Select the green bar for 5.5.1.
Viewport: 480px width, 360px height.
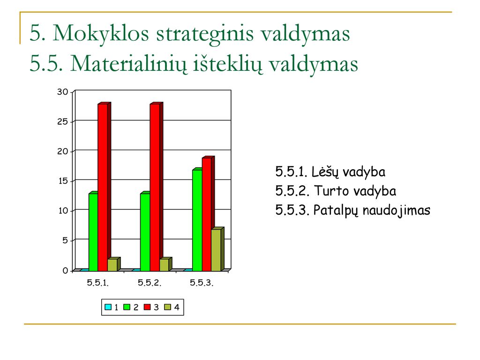(x=93, y=232)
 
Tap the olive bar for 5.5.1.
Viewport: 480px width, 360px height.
(x=113, y=264)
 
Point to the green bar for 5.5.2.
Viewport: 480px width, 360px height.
(x=145, y=232)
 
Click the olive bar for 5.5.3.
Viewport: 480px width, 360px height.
(x=217, y=249)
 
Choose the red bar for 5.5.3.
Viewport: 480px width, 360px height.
(x=208, y=214)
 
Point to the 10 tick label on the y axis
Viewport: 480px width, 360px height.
(x=63, y=211)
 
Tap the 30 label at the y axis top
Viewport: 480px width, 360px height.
(x=62, y=92)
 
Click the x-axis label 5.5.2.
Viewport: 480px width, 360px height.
(x=150, y=283)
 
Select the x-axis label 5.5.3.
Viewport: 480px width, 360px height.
(x=202, y=283)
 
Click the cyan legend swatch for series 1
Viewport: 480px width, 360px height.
(x=108, y=307)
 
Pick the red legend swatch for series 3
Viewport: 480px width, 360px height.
(x=147, y=307)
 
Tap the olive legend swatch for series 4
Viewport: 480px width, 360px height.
(x=167, y=307)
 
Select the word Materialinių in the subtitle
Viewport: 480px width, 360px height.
(x=128, y=65)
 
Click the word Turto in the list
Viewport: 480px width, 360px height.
(x=331, y=191)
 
